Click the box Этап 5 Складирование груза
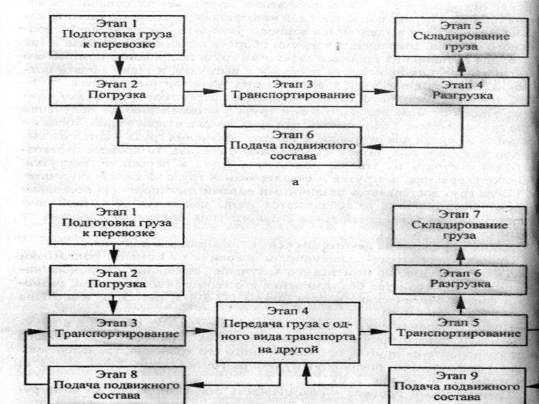tap(462, 36)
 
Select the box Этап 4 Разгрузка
tap(462, 90)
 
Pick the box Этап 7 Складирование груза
tap(460, 225)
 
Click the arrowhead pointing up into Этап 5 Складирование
tap(462, 63)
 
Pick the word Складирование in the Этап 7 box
tap(461, 225)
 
